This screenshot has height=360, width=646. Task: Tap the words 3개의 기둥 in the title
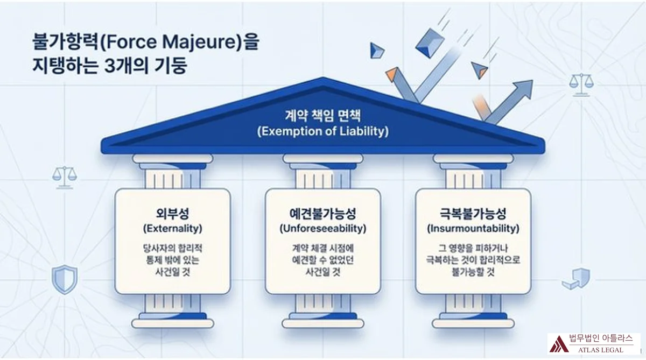tap(145, 66)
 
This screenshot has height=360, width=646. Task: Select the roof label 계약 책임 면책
tap(322, 116)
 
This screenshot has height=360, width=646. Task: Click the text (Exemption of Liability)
tap(322, 131)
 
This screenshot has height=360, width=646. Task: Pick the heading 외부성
tap(172, 214)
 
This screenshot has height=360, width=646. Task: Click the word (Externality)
tap(172, 229)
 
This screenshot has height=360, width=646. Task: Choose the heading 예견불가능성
tap(322, 214)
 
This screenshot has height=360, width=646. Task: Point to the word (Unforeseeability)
tap(322, 229)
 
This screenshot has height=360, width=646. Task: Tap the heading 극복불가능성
tap(473, 214)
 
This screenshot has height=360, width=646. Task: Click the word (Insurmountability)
tap(473, 229)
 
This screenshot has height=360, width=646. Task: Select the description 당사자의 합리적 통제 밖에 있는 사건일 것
tap(172, 260)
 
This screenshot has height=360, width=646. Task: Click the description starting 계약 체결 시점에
tap(322, 260)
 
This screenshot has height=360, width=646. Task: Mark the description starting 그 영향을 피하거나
tap(473, 260)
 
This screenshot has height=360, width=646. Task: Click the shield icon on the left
tap(65, 279)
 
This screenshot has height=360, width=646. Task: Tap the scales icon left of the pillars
tap(65, 177)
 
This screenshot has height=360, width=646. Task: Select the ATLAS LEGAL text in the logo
tap(601, 350)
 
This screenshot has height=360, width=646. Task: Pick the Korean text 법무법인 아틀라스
tap(601, 338)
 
